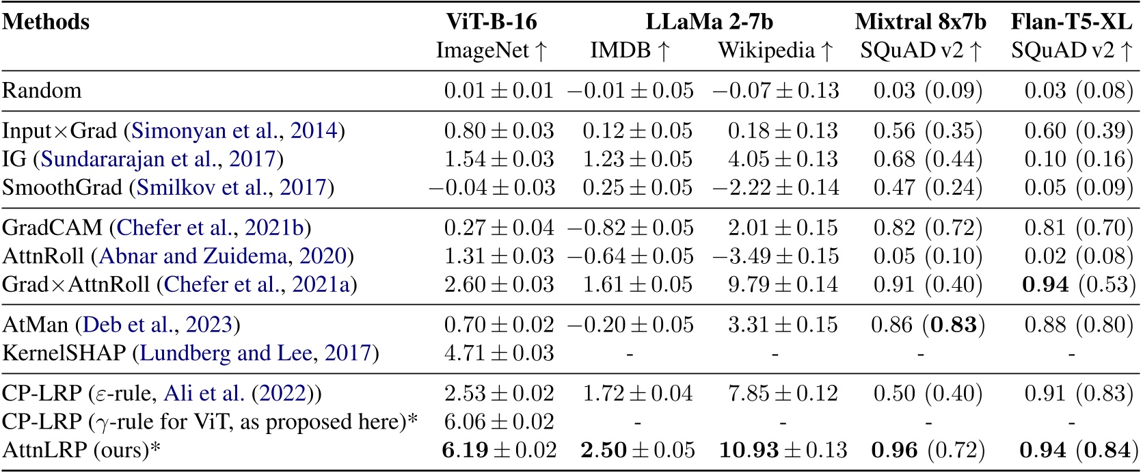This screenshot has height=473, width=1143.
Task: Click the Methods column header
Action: [46, 22]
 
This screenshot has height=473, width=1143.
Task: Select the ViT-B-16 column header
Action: [492, 22]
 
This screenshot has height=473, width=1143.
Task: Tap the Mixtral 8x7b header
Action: [920, 22]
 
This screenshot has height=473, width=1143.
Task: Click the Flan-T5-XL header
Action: [1071, 22]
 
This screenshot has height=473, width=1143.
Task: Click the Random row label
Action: [42, 90]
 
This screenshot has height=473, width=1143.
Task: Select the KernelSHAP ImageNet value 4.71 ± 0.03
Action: [498, 353]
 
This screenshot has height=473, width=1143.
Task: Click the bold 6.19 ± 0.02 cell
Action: [498, 450]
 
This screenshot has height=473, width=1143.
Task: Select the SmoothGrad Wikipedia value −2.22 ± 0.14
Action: [775, 187]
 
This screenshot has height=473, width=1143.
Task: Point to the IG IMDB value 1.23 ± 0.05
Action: [637, 159]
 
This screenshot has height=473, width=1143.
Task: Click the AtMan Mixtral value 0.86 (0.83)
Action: [927, 324]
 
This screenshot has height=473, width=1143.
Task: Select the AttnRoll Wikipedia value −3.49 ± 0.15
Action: [775, 256]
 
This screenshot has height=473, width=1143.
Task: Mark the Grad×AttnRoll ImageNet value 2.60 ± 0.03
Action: [498, 284]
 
